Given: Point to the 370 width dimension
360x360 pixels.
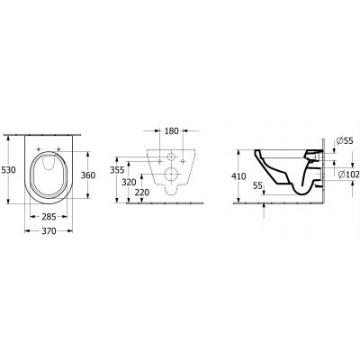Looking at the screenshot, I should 49,232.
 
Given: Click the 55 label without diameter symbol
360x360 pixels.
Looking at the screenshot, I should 258,184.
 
